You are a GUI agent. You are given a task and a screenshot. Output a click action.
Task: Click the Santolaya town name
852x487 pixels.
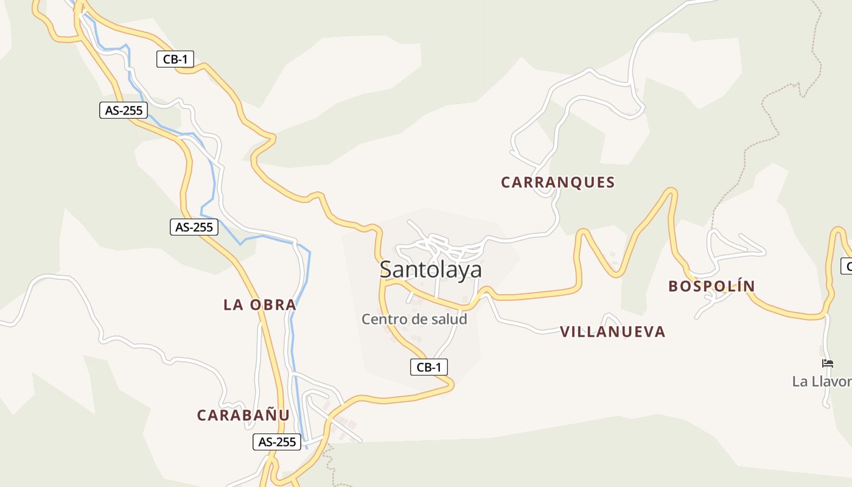point(430,269)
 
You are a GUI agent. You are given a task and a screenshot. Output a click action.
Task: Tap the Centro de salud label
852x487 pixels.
point(414,319)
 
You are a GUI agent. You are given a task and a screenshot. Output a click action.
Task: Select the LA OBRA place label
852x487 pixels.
point(260,304)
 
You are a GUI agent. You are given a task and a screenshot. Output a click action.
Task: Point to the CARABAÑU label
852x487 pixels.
point(243,415)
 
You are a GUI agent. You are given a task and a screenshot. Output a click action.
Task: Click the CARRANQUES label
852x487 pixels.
point(557,182)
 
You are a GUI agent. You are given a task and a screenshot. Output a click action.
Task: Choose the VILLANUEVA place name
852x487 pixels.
point(612,332)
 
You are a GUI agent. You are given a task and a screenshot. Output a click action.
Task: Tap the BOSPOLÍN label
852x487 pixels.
point(711,286)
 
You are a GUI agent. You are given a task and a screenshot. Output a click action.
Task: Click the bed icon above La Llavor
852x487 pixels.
point(827,363)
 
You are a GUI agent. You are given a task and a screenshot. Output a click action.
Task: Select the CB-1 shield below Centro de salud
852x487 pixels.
point(429,367)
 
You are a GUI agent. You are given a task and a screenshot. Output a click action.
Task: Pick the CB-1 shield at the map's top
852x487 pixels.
point(175,59)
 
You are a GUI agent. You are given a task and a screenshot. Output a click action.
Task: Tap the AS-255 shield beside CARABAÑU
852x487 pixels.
point(277,442)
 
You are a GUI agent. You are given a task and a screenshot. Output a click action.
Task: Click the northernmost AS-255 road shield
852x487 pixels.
point(124,110)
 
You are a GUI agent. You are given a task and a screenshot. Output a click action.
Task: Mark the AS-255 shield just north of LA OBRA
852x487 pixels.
point(194,227)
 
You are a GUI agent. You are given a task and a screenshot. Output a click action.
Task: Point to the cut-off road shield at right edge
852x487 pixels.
point(846,266)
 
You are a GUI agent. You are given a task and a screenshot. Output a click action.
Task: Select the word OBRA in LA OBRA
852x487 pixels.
point(273,304)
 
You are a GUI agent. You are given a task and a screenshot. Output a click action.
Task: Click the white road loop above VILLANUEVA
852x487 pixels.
point(611,318)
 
